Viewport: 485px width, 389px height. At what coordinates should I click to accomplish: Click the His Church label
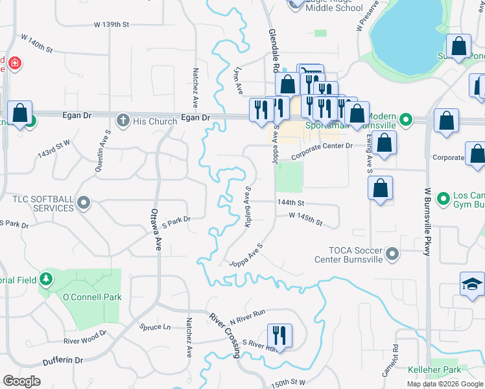click(x=156, y=121)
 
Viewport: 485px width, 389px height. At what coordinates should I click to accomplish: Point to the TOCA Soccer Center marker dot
click(x=392, y=254)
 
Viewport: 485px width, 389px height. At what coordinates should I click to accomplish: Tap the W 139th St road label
click(x=112, y=25)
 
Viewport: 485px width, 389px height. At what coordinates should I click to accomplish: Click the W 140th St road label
click(x=36, y=44)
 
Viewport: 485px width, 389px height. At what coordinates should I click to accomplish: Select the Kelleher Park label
click(x=434, y=370)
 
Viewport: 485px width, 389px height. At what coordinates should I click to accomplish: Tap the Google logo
click(x=21, y=381)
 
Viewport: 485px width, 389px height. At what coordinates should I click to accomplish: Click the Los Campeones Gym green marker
click(x=444, y=198)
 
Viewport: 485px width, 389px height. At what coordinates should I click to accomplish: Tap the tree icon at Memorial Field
click(x=46, y=279)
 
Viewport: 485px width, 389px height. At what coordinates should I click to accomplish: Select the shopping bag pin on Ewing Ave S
click(x=381, y=189)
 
